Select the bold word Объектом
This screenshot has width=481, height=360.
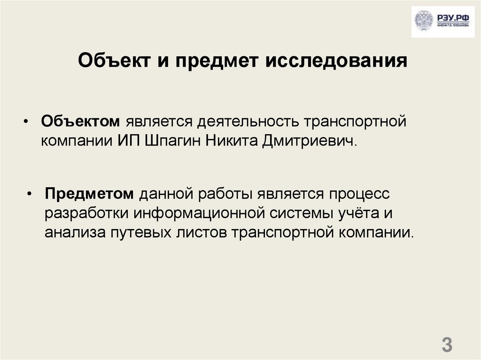80,122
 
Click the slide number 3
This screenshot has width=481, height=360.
447,345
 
